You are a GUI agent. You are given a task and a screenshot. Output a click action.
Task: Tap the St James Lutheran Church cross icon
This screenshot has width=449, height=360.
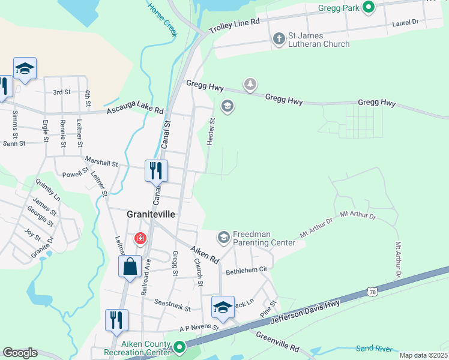click(279, 39)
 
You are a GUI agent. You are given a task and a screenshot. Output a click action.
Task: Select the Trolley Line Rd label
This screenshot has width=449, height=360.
click(234, 25)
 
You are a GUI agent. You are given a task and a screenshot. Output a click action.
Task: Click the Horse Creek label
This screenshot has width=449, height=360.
click(163, 19)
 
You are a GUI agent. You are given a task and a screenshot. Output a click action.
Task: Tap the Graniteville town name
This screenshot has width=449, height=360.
click(150, 214)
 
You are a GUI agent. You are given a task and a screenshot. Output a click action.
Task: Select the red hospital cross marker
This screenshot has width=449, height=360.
click(140, 239)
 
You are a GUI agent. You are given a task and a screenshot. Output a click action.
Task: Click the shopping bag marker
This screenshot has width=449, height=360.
click(130, 266)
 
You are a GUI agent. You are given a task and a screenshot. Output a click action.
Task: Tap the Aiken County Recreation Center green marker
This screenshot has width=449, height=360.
click(179, 347)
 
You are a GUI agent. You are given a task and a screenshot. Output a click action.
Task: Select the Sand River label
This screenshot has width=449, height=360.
click(373, 348)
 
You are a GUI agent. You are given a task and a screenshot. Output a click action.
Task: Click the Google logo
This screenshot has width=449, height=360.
click(20, 353)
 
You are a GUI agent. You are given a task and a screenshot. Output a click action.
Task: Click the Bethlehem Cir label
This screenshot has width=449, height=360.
click(246, 272)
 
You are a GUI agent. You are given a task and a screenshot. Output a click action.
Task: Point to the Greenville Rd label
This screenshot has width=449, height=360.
click(277, 341)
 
